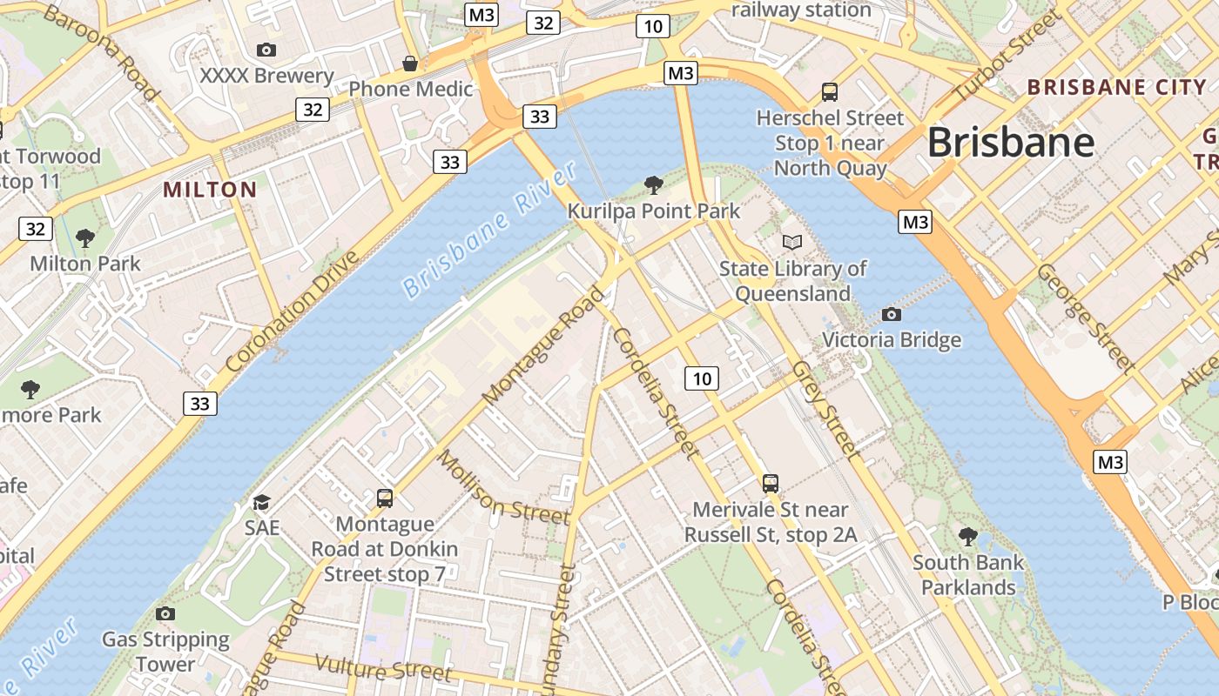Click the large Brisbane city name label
[1010, 142]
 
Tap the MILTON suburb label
[210, 190]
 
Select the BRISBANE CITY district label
[1117, 87]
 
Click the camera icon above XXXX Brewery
[266, 50]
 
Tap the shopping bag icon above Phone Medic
[410, 64]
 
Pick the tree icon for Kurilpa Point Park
[653, 184]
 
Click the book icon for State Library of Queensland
[791, 242]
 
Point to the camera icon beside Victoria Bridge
[891, 314]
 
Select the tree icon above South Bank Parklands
[967, 536]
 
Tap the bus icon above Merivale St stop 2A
[770, 484]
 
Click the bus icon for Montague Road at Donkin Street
[385, 499]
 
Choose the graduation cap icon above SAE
[261, 502]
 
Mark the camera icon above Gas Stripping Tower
[165, 613]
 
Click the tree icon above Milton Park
[84, 238]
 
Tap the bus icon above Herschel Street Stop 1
[830, 91]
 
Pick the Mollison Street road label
[502, 487]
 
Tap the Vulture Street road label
[383, 668]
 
